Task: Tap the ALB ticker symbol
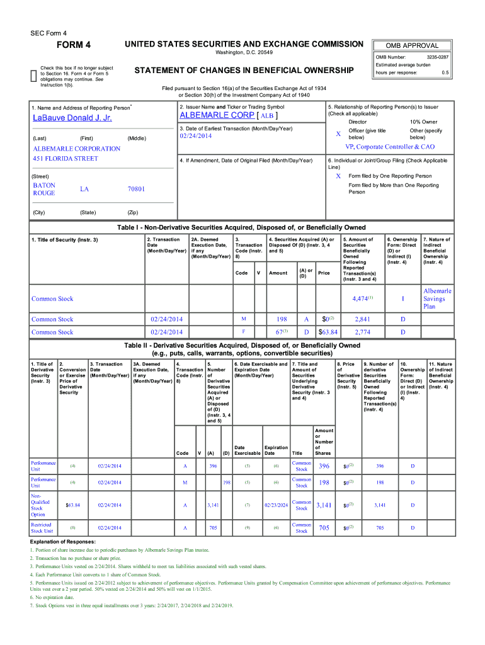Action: [267, 117]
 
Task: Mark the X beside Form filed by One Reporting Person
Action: [338, 176]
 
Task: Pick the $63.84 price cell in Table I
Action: [328, 332]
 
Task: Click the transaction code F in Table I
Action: [243, 332]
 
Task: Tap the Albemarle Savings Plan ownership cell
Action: [437, 299]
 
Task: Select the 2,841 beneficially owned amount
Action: [362, 319]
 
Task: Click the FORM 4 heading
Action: [74, 45]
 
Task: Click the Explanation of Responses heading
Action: [62, 542]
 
